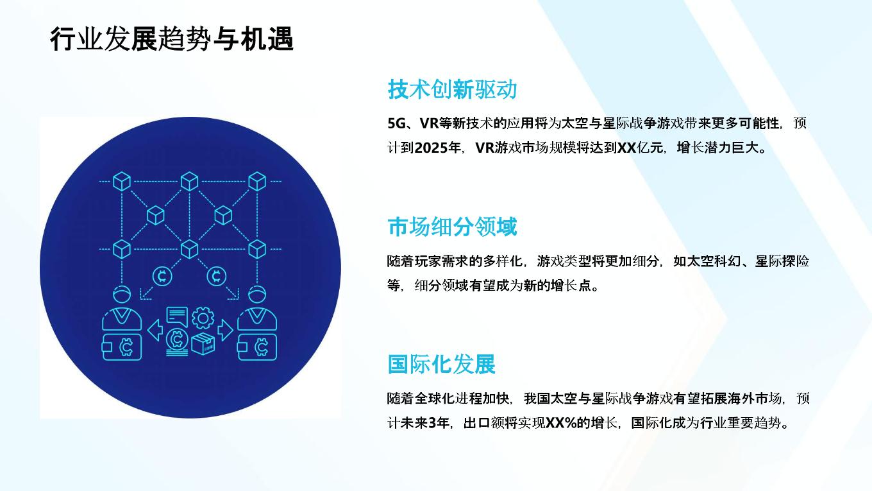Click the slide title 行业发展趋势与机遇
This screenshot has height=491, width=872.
coord(172,39)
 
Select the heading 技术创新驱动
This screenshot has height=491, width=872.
coord(452,89)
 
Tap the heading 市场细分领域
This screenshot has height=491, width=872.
coord(452,227)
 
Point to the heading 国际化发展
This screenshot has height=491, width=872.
coord(441,364)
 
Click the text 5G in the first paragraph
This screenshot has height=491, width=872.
coord(397,123)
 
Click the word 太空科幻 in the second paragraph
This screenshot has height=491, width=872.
coord(714,261)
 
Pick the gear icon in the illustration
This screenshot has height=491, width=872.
coord(203,318)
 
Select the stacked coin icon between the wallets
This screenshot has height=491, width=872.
coord(177,343)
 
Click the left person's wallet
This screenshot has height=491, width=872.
coord(121,347)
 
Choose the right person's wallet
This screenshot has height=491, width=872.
coord(257,347)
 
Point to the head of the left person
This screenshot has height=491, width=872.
coord(122,294)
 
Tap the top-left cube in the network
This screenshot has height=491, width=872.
coord(121,181)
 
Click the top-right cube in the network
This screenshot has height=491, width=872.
coord(257,181)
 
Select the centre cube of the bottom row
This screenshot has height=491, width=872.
coord(190,249)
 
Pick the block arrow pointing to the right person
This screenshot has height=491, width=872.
coord(225,331)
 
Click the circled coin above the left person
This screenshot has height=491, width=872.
coord(162,276)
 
